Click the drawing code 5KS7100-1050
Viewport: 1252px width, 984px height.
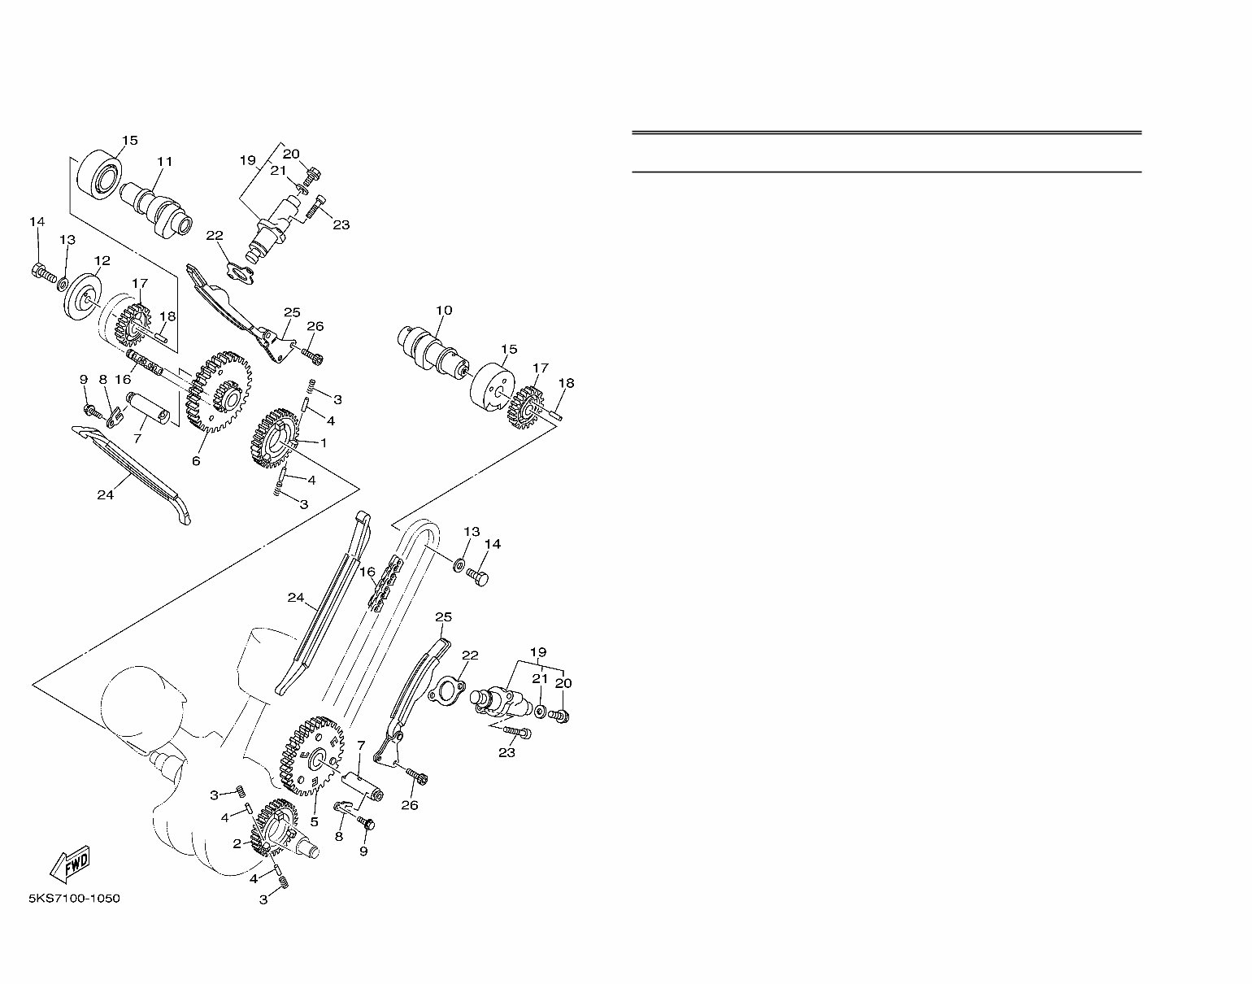coord(74,899)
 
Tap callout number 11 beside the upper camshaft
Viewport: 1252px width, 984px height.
coord(165,162)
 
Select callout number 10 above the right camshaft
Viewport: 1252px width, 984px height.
coord(443,311)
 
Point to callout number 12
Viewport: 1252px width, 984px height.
coord(102,261)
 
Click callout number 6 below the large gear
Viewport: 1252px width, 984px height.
coord(195,461)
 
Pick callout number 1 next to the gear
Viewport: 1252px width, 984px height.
coord(323,443)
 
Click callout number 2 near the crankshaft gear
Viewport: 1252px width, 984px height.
coord(237,844)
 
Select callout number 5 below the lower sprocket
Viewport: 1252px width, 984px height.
coord(314,822)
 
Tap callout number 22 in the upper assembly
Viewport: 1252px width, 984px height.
coord(214,236)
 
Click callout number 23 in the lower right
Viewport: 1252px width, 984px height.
coord(506,753)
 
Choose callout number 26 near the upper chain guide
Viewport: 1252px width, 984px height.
coord(315,326)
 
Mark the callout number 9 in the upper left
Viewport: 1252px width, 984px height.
coord(83,379)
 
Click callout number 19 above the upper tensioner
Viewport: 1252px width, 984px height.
coord(248,160)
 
